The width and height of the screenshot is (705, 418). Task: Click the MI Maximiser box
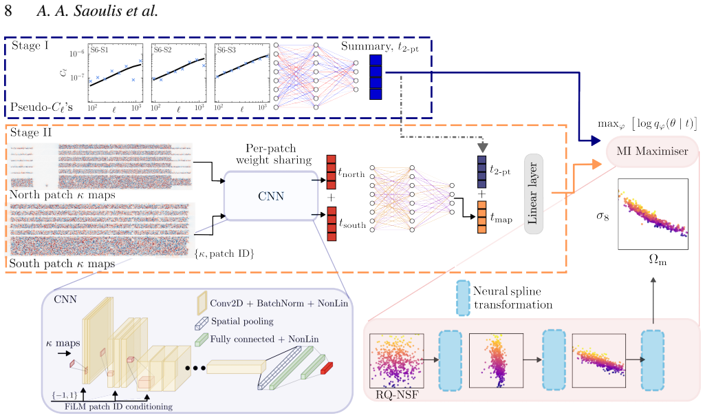tap(652, 151)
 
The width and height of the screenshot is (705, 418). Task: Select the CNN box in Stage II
tap(271, 196)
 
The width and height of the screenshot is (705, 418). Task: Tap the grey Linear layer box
tap(533, 194)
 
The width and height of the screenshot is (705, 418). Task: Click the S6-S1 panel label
tap(99, 50)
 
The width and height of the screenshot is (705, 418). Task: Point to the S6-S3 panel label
tap(226, 50)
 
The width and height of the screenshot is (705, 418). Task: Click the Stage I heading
tap(30, 46)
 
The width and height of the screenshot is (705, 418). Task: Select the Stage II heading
tap(30, 132)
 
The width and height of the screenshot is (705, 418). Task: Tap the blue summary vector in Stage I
tap(376, 77)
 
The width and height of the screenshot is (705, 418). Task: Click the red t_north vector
tap(332, 172)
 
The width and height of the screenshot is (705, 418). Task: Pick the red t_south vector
tap(332, 224)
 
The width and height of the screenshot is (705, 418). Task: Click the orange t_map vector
tap(481, 217)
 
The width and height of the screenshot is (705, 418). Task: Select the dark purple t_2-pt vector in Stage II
tap(481, 172)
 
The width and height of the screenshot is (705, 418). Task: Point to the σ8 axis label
tap(603, 216)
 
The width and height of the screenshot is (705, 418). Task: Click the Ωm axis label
tap(658, 260)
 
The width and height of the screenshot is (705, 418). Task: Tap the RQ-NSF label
tap(397, 395)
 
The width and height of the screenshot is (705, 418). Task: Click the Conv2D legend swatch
tap(202, 303)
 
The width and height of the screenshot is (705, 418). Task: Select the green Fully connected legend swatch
tap(201, 339)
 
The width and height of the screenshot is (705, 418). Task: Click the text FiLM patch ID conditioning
tap(118, 407)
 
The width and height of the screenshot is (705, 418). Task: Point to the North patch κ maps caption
tap(62, 195)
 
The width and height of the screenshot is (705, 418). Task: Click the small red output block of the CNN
tap(327, 368)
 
